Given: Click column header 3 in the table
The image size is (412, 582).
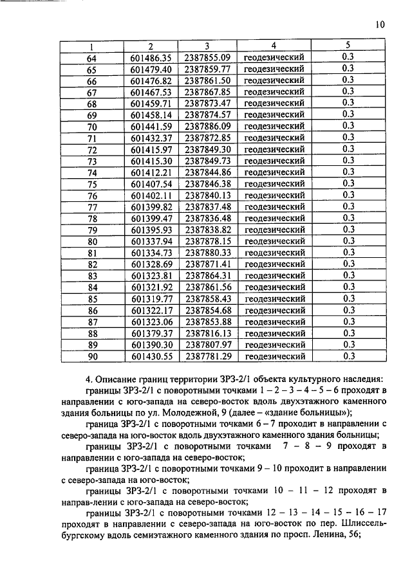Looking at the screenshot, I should (x=207, y=46).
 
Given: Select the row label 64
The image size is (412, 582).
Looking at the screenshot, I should (x=91, y=57).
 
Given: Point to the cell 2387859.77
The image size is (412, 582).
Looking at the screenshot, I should (x=207, y=69).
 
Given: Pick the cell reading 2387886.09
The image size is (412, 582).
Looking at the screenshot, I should (x=207, y=126).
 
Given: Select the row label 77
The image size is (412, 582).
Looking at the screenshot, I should (x=91, y=206).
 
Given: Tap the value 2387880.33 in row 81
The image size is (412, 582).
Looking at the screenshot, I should (x=207, y=253).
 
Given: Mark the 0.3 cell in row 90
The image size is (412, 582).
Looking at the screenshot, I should (x=348, y=356).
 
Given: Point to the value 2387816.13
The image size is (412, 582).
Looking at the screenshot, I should (x=207, y=333).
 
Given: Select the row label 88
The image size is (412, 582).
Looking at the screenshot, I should (x=91, y=333).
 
